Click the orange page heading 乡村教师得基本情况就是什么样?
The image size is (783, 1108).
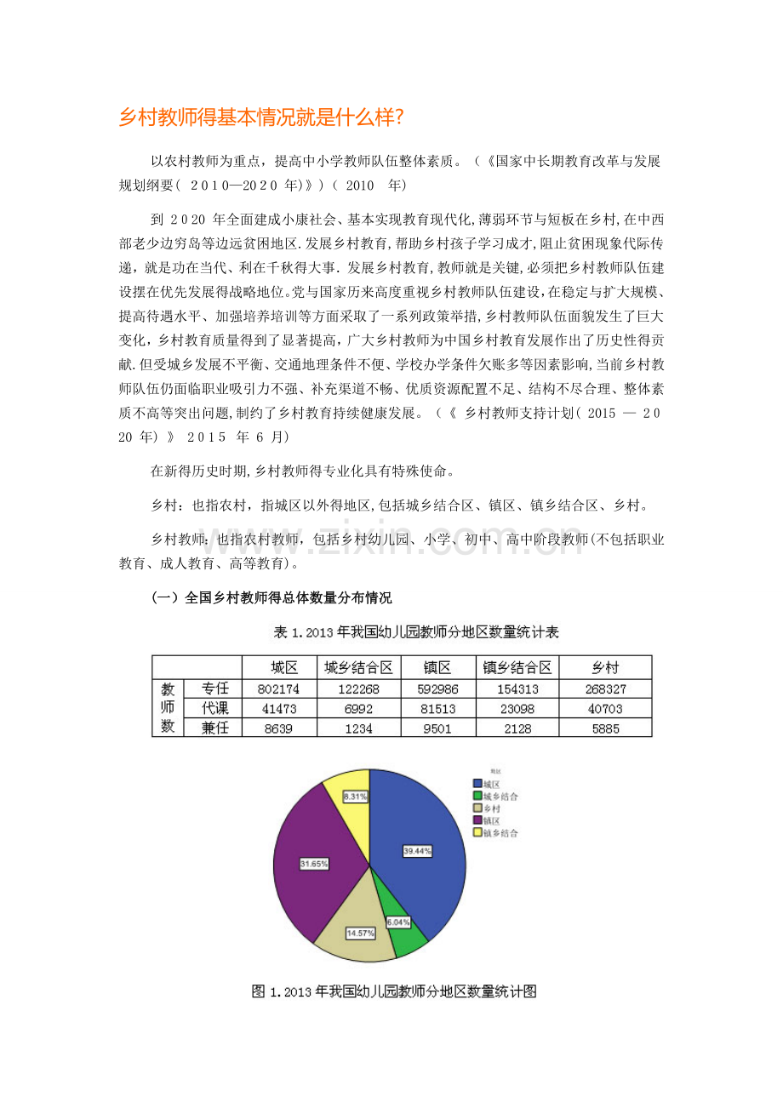coord(260,119)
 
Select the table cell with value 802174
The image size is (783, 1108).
coord(278,688)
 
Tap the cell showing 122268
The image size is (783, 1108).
coord(357,688)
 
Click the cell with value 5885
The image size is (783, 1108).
coord(606,728)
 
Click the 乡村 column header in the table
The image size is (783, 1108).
coord(606,668)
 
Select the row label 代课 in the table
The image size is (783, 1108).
coord(214,708)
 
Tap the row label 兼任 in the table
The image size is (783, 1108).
coord(214,728)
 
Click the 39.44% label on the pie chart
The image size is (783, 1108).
coord(417,850)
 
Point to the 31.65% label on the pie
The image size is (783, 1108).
coord(314,863)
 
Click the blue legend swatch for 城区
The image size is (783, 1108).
coord(477,784)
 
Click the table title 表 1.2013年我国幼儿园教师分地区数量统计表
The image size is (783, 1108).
coord(415,632)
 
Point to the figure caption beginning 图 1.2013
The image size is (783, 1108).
coord(394,991)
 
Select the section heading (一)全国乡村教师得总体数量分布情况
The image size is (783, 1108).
coord(271,597)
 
